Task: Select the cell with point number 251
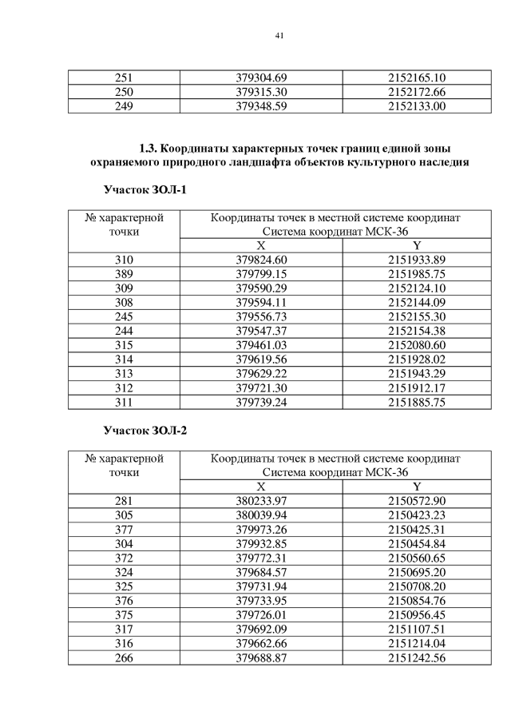pyautogui.click(x=124, y=77)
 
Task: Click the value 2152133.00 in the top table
pyautogui.click(x=416, y=106)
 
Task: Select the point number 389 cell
pyautogui.click(x=124, y=274)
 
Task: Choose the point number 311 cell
pyautogui.click(x=124, y=403)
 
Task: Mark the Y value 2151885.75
pyautogui.click(x=416, y=403)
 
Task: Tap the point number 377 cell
pyautogui.click(x=124, y=529)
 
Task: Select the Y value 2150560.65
pyautogui.click(x=416, y=558)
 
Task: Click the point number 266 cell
pyautogui.click(x=124, y=657)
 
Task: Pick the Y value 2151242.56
pyautogui.click(x=416, y=657)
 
